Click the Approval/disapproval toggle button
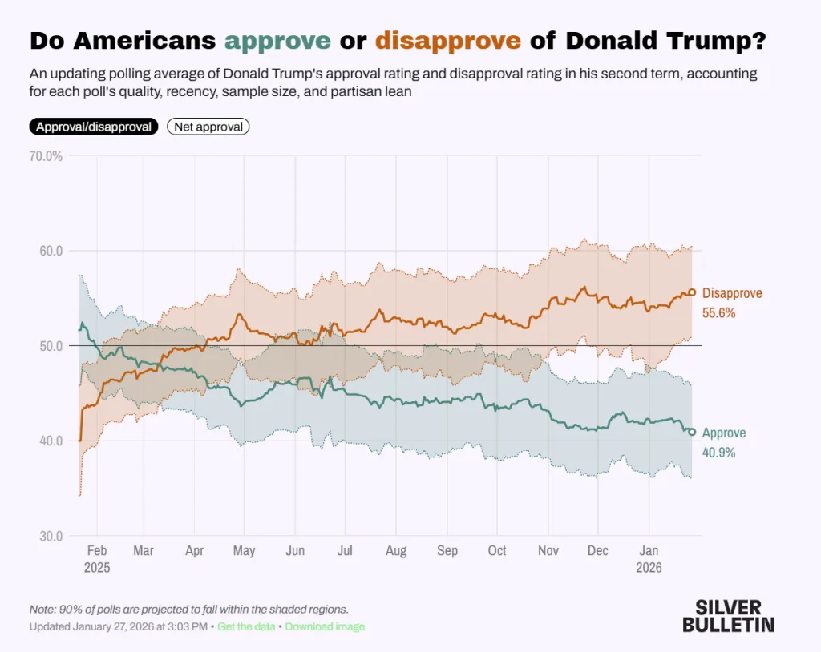[x=93, y=127]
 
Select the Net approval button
[x=208, y=127]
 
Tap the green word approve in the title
[x=277, y=40]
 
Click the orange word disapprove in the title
[x=448, y=40]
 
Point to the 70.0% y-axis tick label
[x=47, y=156]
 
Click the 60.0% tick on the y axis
[x=47, y=251]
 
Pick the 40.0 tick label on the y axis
[x=47, y=441]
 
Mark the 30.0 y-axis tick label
[x=47, y=536]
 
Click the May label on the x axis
[x=244, y=551]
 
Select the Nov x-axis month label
[x=548, y=551]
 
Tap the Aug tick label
[x=396, y=551]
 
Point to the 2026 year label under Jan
[x=649, y=567]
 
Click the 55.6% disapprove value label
[x=719, y=313]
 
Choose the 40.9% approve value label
[x=718, y=453]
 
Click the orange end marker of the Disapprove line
[x=692, y=293]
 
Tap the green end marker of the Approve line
[x=692, y=432]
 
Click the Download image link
[x=325, y=626]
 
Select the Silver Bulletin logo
[x=728, y=615]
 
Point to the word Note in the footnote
[x=42, y=610]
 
